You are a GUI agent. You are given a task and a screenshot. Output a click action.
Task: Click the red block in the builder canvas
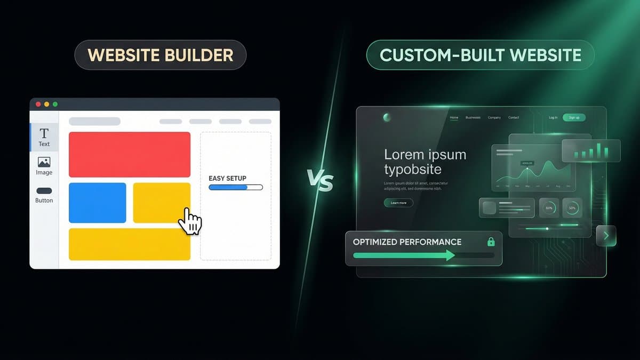click(x=130, y=154)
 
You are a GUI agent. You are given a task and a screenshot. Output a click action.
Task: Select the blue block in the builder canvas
click(x=98, y=203)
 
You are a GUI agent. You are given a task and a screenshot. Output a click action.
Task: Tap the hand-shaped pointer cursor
click(x=190, y=220)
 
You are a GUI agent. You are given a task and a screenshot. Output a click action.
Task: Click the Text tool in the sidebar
click(x=44, y=137)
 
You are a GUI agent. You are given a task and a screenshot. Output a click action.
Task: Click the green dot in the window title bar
click(x=55, y=104)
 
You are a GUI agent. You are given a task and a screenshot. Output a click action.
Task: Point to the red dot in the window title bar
click(x=38, y=104)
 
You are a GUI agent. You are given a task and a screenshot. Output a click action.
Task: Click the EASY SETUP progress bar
click(x=236, y=187)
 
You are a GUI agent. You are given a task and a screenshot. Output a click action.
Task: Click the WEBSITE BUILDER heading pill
click(x=160, y=55)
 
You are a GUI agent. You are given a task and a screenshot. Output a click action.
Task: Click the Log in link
click(x=553, y=117)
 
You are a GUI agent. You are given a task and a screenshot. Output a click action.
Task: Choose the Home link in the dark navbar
click(x=454, y=117)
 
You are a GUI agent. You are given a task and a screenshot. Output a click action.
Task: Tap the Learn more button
click(x=398, y=203)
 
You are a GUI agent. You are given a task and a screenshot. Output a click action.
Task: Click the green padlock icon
click(x=491, y=242)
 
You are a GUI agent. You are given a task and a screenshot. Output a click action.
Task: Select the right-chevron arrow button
click(x=606, y=236)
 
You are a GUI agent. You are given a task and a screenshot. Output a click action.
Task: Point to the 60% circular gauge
click(x=549, y=208)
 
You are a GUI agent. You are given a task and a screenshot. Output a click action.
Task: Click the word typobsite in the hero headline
click(x=413, y=170)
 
